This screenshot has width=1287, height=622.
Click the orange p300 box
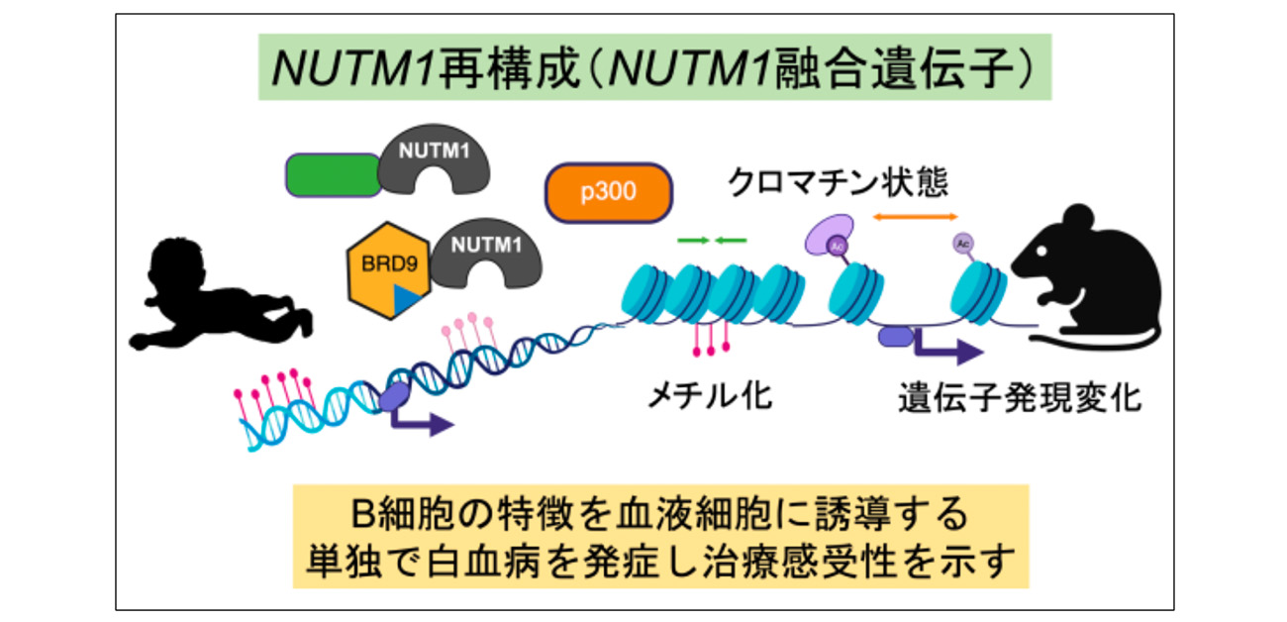609,192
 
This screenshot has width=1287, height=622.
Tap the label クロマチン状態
838,180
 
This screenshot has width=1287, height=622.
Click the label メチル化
709,396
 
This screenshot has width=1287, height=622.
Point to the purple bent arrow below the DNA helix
421,421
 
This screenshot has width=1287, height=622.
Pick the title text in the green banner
654,68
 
